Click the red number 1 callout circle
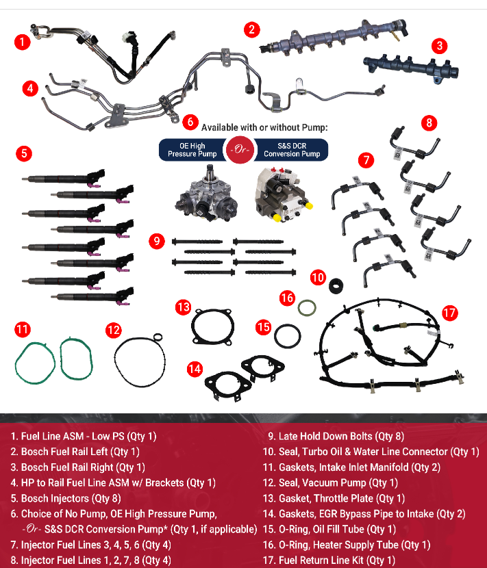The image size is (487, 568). (x=23, y=42)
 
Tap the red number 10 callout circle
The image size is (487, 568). (x=318, y=277)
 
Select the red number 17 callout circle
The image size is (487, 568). (x=449, y=313)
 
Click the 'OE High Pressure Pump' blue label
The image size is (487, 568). (x=192, y=150)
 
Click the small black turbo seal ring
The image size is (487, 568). (x=336, y=284)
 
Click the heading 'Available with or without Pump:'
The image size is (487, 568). (x=264, y=127)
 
